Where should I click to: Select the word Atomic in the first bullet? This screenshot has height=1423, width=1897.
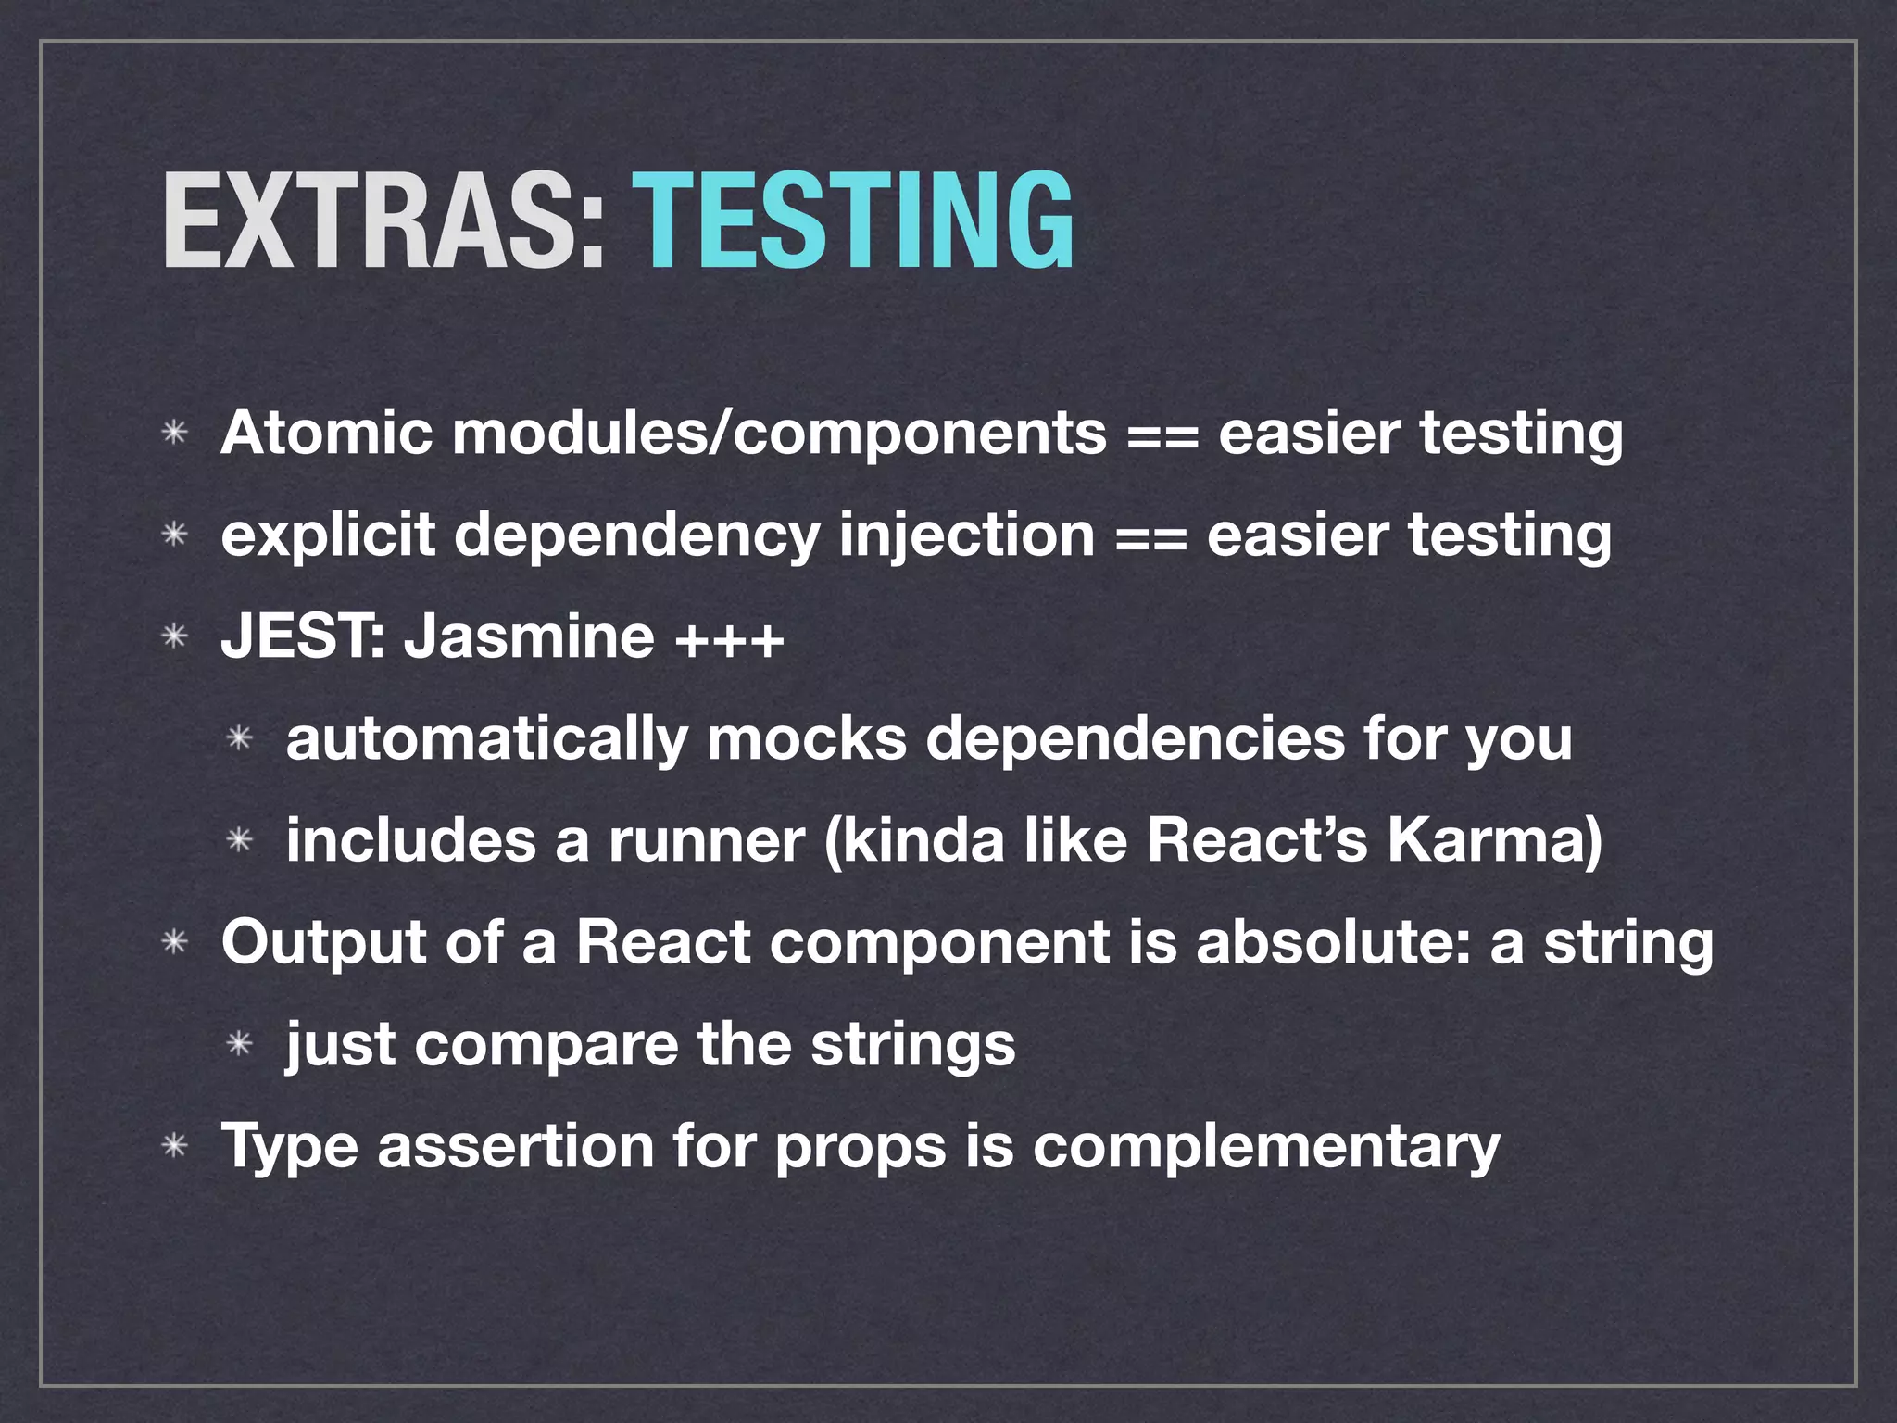(326, 433)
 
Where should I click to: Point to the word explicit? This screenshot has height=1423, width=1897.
(327, 535)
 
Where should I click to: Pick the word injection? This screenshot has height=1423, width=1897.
(966, 535)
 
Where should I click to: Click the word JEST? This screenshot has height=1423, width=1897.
(298, 636)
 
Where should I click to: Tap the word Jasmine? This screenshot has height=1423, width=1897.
(528, 636)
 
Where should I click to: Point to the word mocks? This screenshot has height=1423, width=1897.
(806, 738)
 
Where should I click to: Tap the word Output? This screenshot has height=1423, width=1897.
(323, 942)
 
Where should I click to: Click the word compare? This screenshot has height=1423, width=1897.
(546, 1046)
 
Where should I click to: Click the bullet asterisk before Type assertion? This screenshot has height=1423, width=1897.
(174, 1147)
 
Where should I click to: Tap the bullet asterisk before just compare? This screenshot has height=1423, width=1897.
(240, 1045)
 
